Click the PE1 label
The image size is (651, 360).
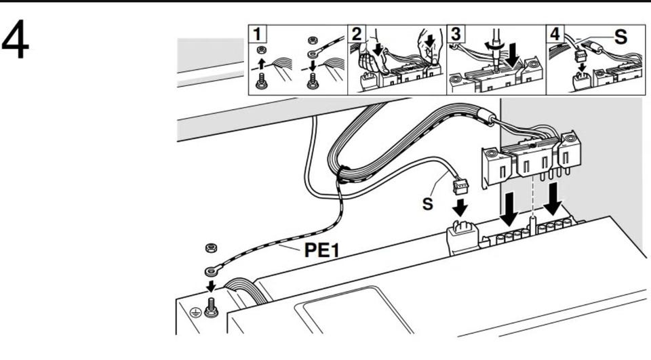322,252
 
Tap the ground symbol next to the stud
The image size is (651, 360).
195,312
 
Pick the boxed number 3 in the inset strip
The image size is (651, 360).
454,33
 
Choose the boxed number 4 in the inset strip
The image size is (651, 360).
555,33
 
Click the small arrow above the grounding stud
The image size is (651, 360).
210,285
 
